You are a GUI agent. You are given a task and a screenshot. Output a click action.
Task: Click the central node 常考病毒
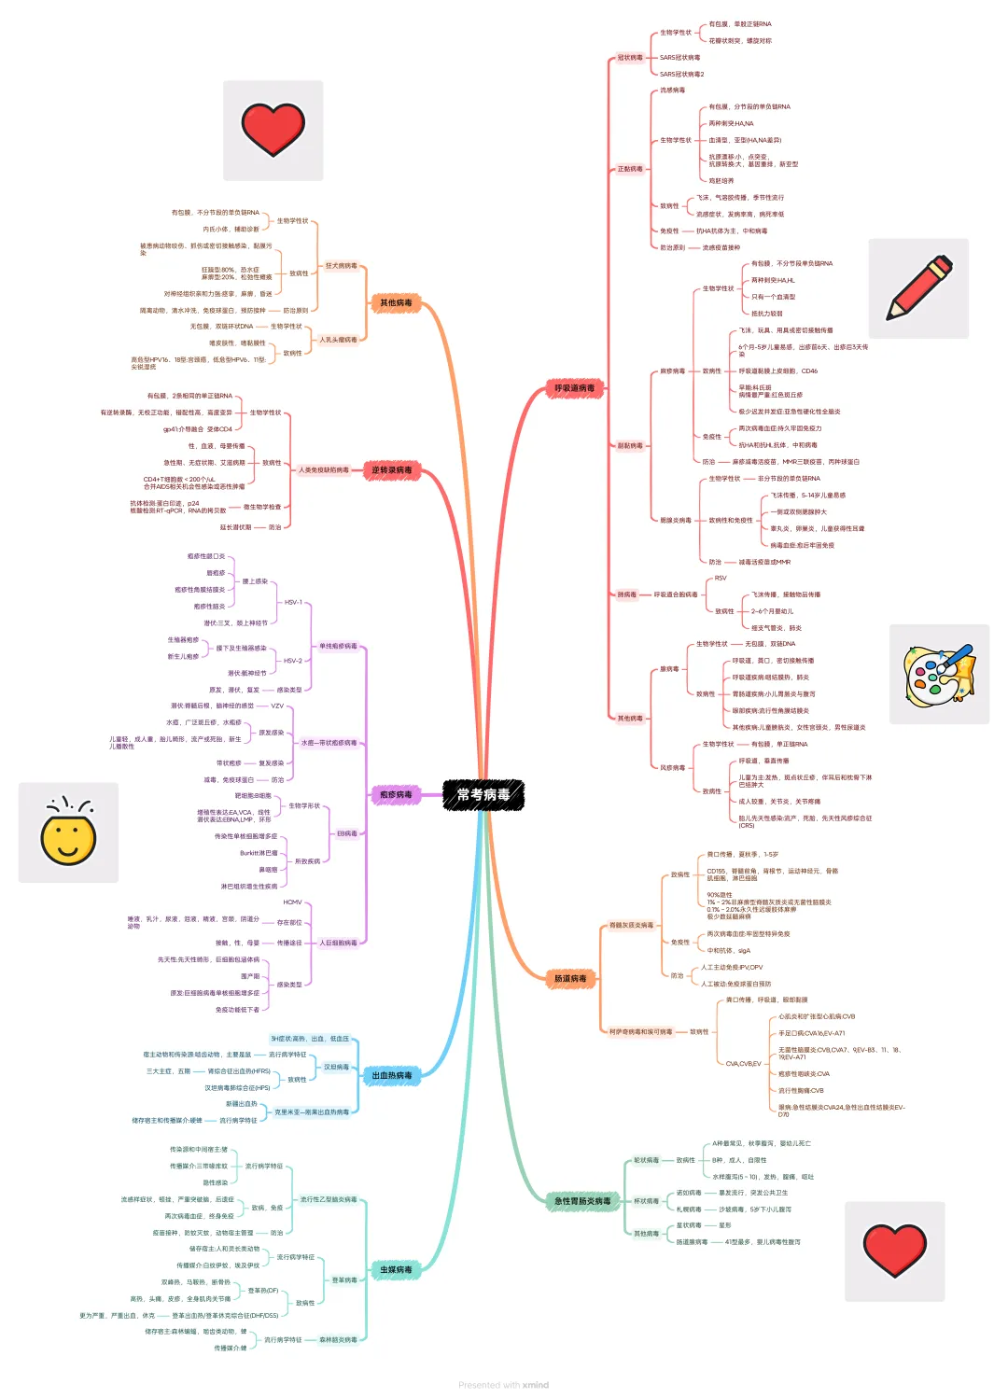click(x=483, y=795)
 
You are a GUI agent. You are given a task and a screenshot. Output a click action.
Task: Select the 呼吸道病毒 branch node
click(x=574, y=388)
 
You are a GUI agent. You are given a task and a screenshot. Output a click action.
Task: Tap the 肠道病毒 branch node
click(x=570, y=979)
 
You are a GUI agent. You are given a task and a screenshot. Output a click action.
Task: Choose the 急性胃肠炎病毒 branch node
click(x=582, y=1201)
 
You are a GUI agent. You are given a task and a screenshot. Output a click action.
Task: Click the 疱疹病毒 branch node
click(x=396, y=795)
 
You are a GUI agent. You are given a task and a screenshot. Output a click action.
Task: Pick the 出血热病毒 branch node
click(x=392, y=1076)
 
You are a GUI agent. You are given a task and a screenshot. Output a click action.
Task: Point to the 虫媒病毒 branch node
click(x=396, y=1270)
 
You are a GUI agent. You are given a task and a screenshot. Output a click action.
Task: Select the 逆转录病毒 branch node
click(x=392, y=470)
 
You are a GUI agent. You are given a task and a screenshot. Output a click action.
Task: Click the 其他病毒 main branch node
click(x=396, y=303)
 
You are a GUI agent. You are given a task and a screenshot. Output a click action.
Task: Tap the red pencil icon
click(x=918, y=288)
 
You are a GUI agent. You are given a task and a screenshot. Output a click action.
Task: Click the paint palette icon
click(x=939, y=675)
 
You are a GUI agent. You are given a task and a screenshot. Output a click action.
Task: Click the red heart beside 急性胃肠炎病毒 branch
click(x=894, y=1251)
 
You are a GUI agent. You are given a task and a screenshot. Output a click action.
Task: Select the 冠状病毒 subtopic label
click(x=630, y=58)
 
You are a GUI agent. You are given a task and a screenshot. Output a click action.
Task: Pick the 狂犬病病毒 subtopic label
click(x=341, y=266)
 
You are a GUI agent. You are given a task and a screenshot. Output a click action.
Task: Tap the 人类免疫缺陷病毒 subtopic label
click(x=324, y=470)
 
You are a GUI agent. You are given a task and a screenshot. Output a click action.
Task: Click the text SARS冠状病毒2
click(x=682, y=75)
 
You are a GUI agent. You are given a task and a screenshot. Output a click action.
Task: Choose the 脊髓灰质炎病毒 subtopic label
click(x=632, y=926)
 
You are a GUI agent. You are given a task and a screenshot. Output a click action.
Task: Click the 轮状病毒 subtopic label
click(x=646, y=1161)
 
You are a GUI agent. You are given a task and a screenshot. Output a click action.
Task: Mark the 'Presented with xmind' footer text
click(x=504, y=1385)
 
